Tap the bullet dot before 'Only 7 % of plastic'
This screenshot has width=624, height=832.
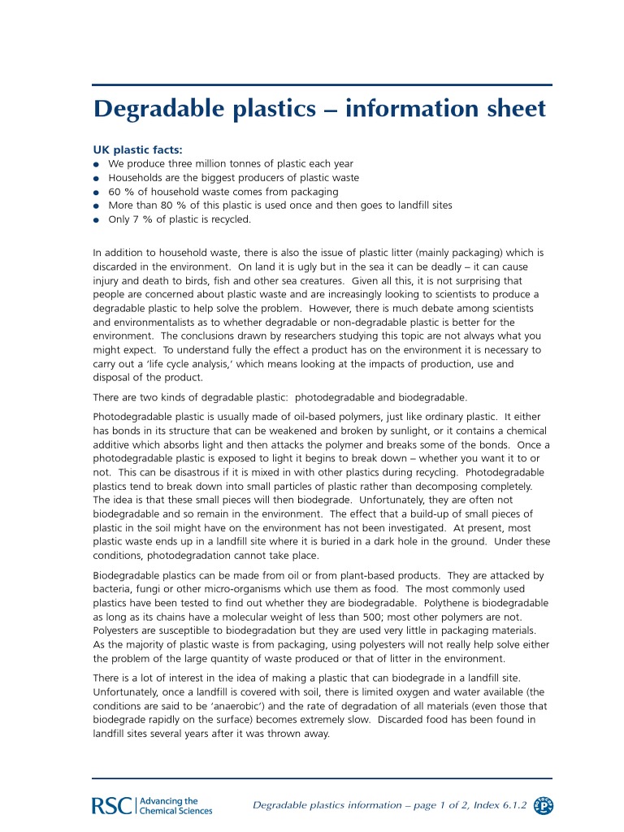(96, 220)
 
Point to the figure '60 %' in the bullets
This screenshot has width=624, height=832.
(120, 191)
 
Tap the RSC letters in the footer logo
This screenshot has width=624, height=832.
(112, 805)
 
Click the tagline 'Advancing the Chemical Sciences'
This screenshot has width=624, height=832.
(175, 805)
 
